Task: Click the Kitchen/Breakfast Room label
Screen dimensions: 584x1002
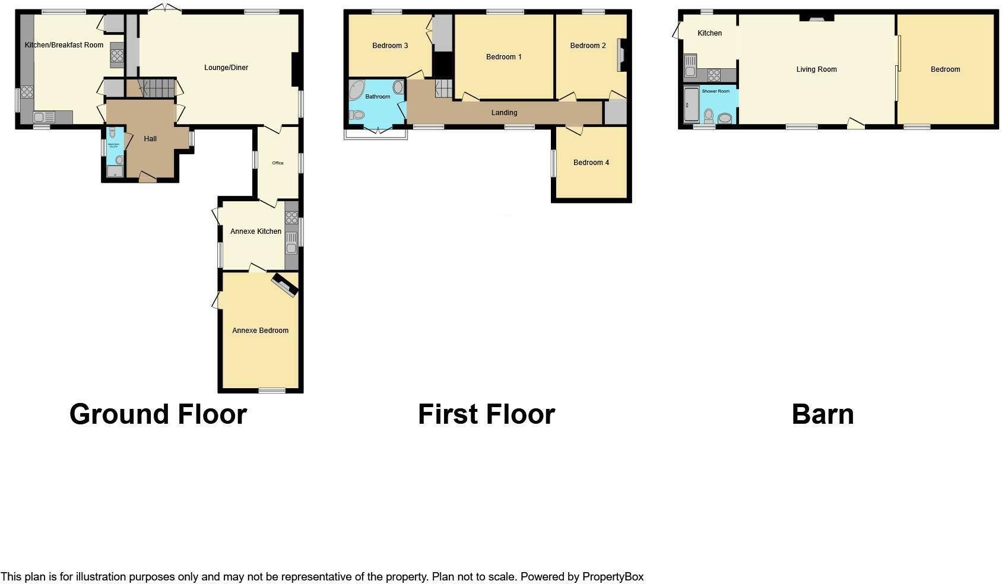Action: (x=64, y=45)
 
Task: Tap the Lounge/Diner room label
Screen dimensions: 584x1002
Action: (x=226, y=68)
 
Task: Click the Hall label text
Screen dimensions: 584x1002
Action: (x=150, y=139)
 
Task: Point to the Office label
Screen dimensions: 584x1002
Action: (x=277, y=163)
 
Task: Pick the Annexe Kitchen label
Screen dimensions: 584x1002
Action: (x=256, y=231)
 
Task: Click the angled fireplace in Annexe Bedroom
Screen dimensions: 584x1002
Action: (x=285, y=284)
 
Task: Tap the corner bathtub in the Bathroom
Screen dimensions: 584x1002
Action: (x=357, y=91)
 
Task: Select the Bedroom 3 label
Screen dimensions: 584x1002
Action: (x=390, y=46)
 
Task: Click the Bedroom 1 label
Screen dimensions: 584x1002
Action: (x=503, y=57)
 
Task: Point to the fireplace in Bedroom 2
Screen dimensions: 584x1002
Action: (x=622, y=55)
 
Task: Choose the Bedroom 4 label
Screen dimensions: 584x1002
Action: (x=591, y=163)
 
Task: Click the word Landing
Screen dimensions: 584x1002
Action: (x=504, y=113)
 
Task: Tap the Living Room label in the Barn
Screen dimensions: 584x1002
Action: (x=816, y=69)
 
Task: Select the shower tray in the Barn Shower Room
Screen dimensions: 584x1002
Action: (x=691, y=105)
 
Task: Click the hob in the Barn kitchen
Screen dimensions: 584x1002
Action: (x=714, y=75)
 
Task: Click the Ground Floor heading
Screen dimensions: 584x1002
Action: (x=158, y=414)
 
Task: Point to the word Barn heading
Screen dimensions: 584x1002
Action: (x=823, y=414)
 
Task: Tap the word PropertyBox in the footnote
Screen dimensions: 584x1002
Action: (x=613, y=577)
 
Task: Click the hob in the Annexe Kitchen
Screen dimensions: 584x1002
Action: (x=291, y=218)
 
